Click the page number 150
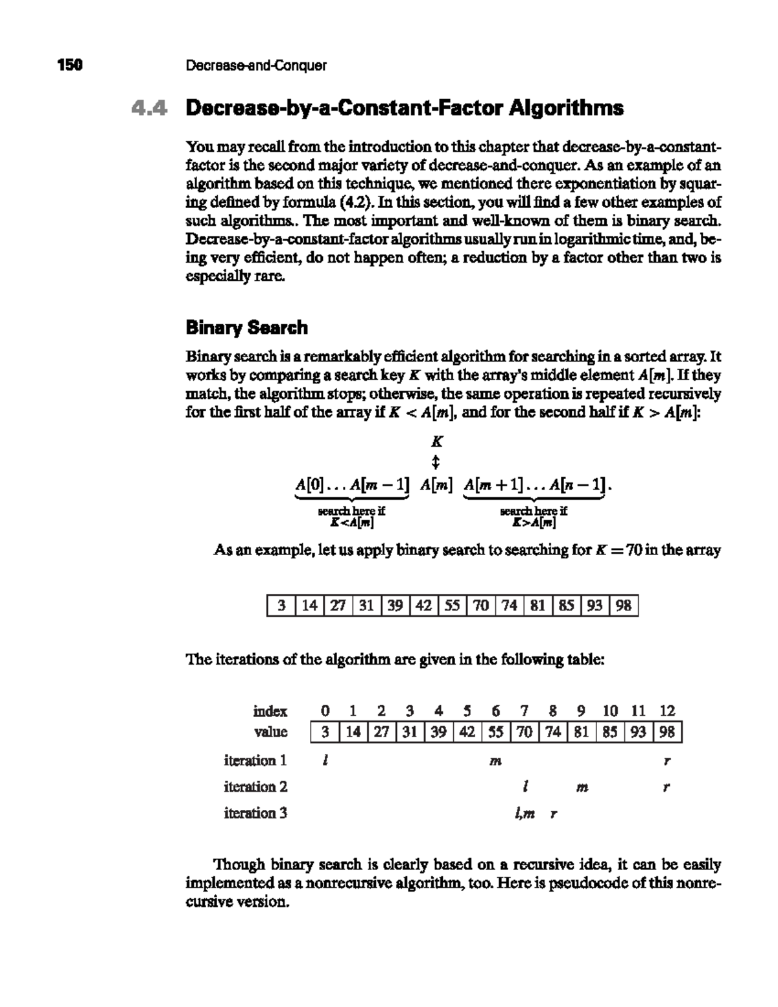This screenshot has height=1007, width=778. click(70, 65)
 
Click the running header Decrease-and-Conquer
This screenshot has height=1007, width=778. click(256, 65)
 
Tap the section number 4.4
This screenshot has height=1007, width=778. click(148, 108)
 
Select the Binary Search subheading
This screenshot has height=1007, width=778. click(246, 327)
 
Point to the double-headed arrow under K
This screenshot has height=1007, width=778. click(436, 462)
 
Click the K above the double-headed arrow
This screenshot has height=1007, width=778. click(437, 442)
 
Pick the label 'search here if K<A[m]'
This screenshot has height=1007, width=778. click(351, 517)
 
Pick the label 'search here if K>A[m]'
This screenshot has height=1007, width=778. click(534, 517)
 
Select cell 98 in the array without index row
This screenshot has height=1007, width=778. click(624, 606)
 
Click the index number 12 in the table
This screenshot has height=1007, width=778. click(667, 711)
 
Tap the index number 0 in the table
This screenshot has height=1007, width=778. click(325, 711)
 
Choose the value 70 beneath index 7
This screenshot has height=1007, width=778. click(525, 733)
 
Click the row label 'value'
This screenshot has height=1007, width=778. click(270, 732)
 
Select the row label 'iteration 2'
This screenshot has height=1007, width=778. click(255, 787)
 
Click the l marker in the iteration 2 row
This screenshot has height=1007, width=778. click(524, 787)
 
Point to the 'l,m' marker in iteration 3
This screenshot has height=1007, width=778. click(525, 814)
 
